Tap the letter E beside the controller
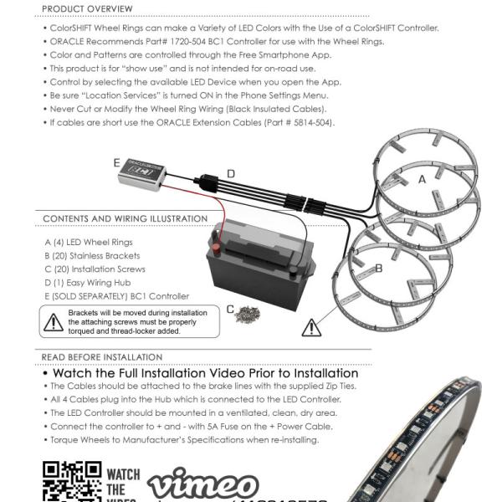pos(117,162)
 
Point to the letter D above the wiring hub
pos(231,173)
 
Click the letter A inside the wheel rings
pos(422,179)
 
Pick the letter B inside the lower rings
pos(378,269)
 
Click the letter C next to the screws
pos(231,309)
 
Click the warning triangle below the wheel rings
pos(313,326)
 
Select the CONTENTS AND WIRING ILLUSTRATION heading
pos(125,219)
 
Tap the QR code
pos(71,481)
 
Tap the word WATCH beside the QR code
pos(124,474)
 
